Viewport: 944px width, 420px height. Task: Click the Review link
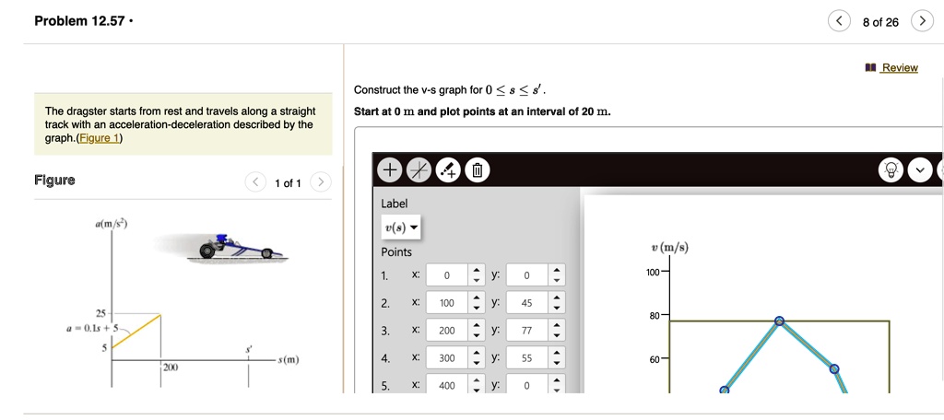[899, 67]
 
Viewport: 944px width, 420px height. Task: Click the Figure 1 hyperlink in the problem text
[99, 138]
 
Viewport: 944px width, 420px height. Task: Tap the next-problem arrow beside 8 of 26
[921, 22]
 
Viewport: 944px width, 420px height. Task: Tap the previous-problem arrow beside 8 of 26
[838, 22]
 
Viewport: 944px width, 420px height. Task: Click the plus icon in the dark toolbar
[390, 170]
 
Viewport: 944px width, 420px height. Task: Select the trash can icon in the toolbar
[477, 170]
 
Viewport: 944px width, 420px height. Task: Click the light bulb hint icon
[891, 170]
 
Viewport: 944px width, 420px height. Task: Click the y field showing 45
[526, 303]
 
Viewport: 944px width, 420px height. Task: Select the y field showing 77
[526, 331]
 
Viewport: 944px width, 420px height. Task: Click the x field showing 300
[447, 358]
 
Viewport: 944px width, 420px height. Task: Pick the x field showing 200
[447, 331]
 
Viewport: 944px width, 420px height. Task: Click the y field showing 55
[526, 358]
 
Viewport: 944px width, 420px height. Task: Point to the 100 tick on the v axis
[652, 274]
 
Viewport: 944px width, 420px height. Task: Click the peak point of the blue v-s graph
[779, 321]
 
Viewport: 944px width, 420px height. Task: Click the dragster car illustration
[235, 246]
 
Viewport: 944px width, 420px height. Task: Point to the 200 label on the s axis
[170, 367]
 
